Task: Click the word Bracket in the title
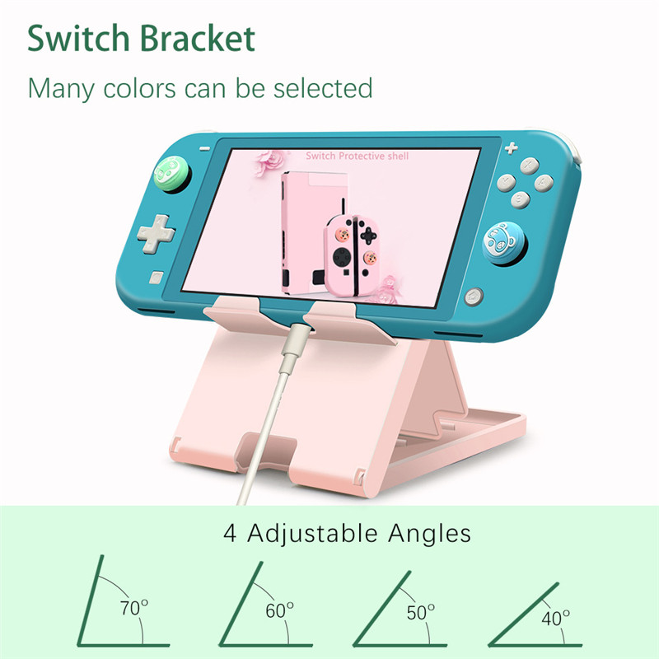click(x=197, y=39)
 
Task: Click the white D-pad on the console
click(x=155, y=233)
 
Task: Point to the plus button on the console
click(x=511, y=148)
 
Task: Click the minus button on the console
click(x=204, y=147)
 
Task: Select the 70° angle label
click(x=133, y=609)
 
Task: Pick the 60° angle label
click(x=279, y=610)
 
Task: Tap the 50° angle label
click(x=420, y=613)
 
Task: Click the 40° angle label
click(x=556, y=617)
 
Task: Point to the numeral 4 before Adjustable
click(x=231, y=533)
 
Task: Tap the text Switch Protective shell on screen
click(x=357, y=155)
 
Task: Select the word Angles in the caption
click(x=432, y=534)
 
